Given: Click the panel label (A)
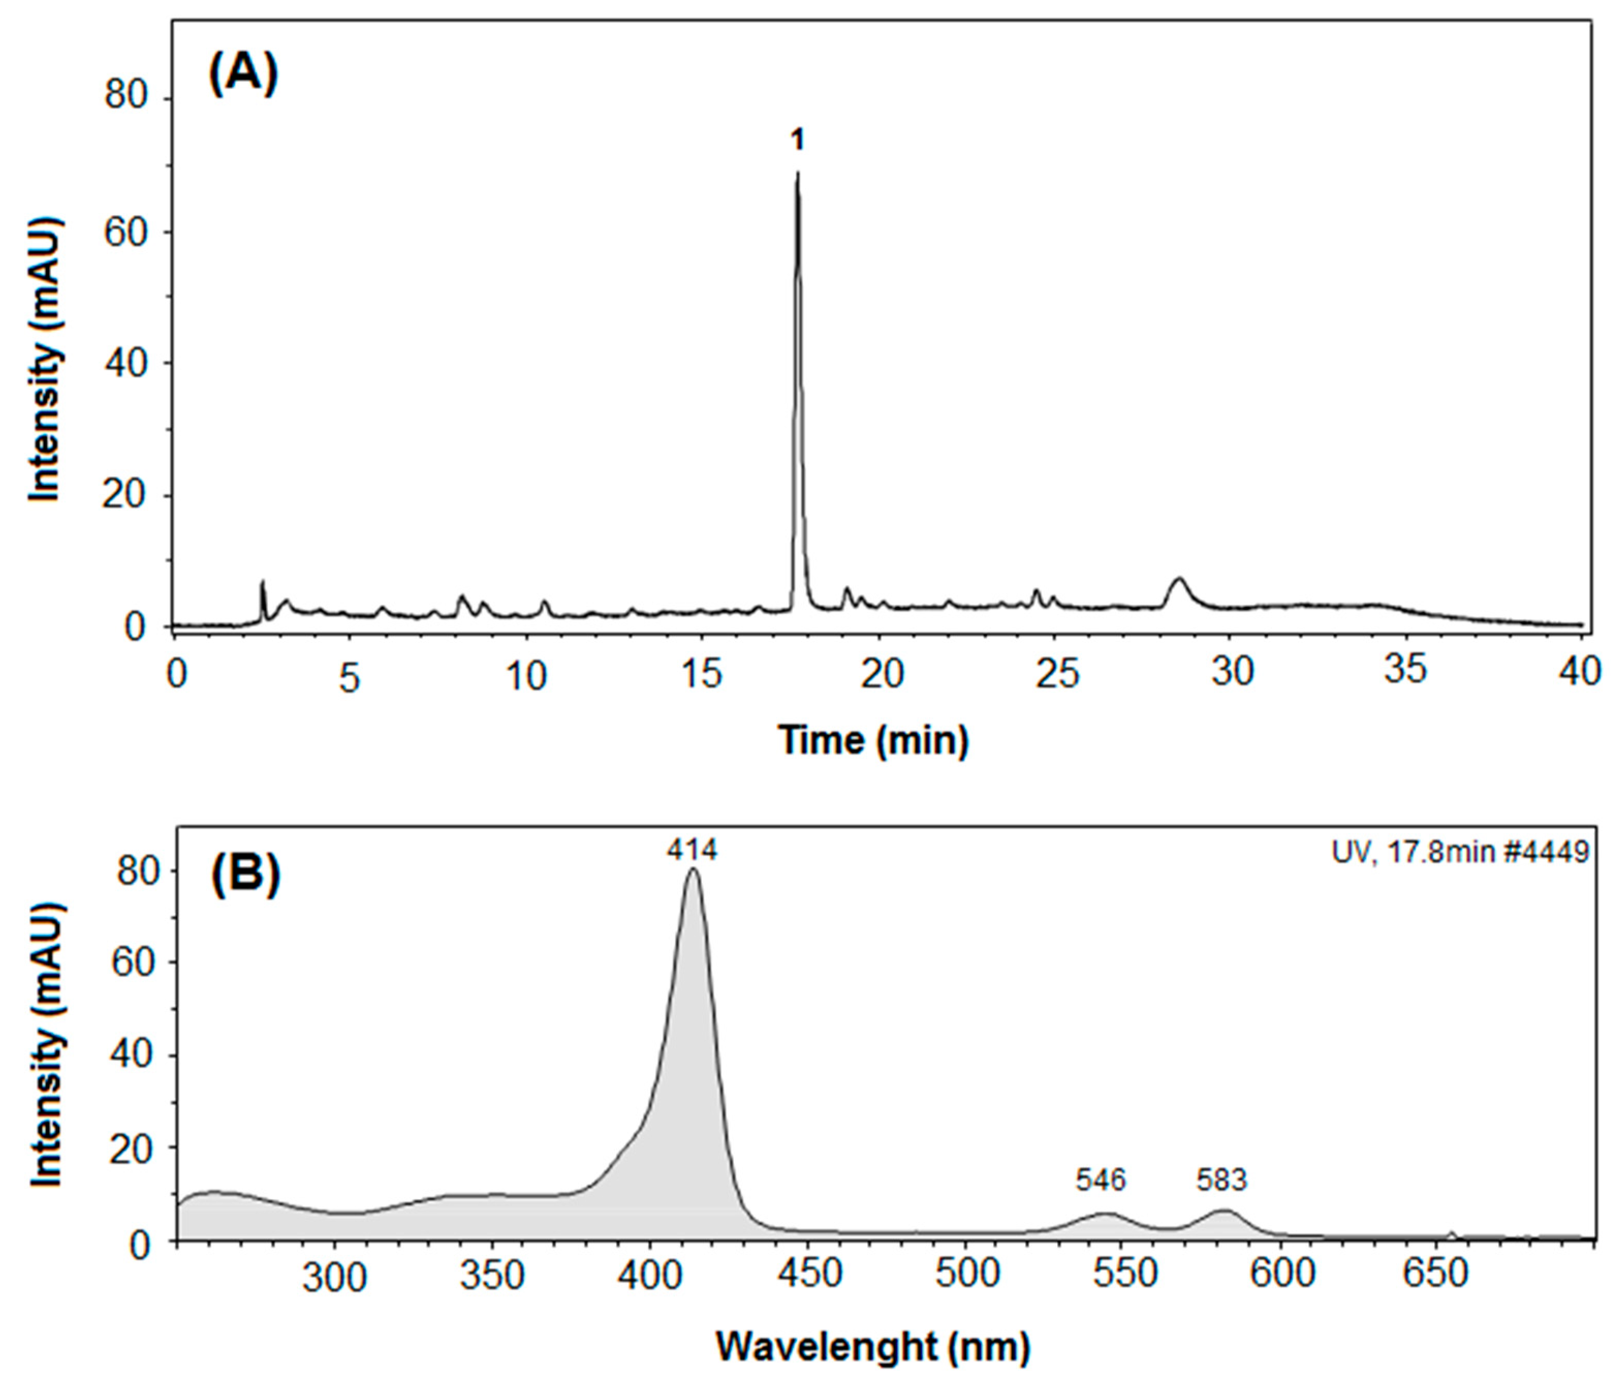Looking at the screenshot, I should (x=243, y=75).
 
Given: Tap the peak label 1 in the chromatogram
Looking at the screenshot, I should (x=796, y=141).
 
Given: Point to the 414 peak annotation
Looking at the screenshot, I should (x=691, y=850).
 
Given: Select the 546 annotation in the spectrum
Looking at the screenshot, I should (x=1101, y=1180).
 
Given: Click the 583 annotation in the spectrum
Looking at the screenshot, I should (x=1221, y=1180).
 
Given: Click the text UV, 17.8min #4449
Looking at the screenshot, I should (x=1459, y=853).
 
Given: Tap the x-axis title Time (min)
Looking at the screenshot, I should (x=873, y=739).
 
